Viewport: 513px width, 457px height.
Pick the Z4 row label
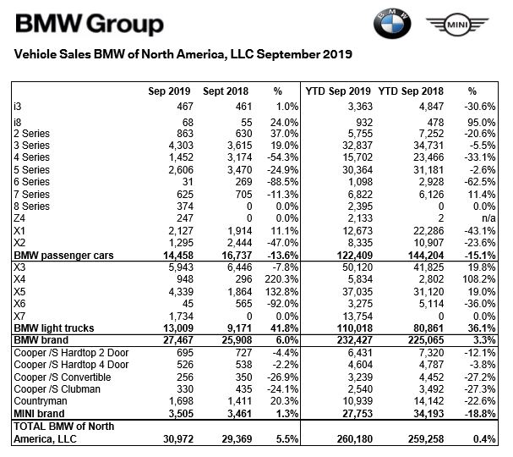click(x=19, y=218)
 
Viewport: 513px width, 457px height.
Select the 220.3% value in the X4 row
click(x=284, y=277)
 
